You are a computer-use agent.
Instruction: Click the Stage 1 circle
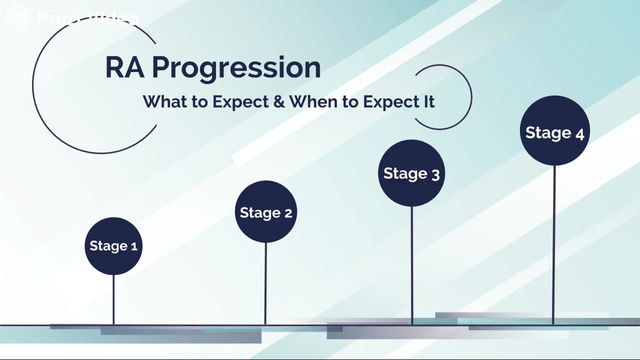114,246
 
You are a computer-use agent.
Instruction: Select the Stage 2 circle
266,212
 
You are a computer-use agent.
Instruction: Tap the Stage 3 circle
411,173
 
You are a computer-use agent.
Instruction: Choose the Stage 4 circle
554,133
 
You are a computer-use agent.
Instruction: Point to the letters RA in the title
125,68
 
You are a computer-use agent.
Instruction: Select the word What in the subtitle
163,102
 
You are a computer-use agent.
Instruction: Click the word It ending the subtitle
433,102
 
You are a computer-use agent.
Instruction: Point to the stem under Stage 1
114,300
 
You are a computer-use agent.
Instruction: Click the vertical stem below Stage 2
266,284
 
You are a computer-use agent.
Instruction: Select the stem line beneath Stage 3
411,265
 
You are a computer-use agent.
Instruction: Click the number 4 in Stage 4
580,133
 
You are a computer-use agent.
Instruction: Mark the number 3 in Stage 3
436,174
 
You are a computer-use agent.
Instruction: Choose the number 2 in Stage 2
289,213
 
